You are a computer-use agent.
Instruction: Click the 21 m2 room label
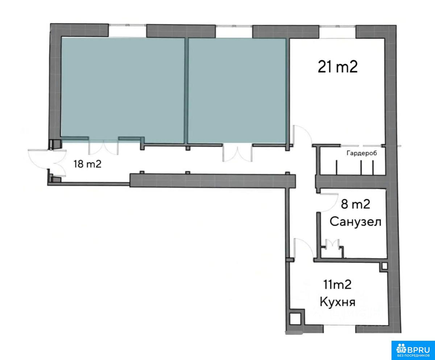[x=337, y=67]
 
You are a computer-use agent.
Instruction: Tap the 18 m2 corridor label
[x=87, y=164]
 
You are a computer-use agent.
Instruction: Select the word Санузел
[x=355, y=222]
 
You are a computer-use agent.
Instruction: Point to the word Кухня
[x=337, y=302]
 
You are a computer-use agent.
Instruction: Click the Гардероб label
[x=362, y=153]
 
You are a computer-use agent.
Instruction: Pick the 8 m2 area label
[x=355, y=204]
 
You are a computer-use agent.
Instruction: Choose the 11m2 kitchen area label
[x=337, y=285]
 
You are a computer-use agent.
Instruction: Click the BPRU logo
[x=413, y=350]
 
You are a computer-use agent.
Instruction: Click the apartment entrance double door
[x=47, y=160]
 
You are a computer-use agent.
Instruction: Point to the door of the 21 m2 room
[x=302, y=135]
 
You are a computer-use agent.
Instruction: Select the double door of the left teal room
[x=104, y=147]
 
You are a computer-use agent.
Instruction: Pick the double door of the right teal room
[x=237, y=154]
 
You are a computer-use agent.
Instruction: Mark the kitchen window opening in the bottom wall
[x=340, y=325]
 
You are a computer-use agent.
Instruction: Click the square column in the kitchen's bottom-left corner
[x=295, y=319]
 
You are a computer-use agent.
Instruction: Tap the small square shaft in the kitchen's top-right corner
[x=385, y=266]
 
